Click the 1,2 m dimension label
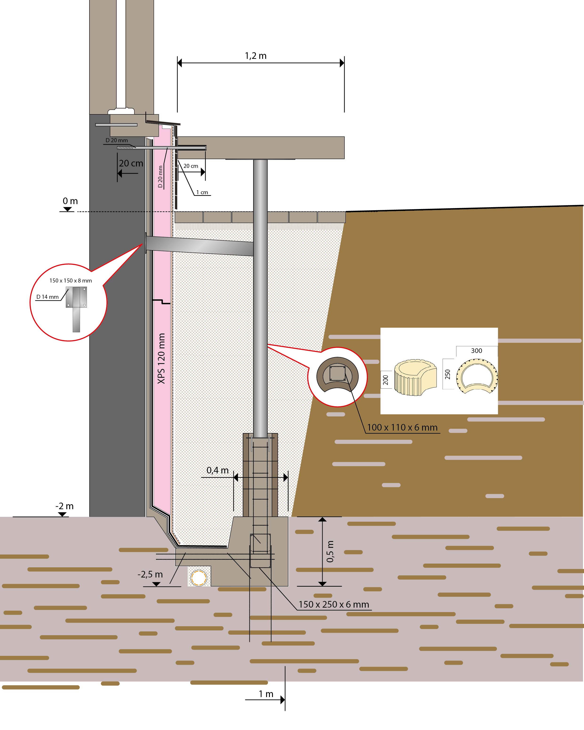pos(256,56)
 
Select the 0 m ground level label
pos(70,201)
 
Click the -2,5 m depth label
pos(150,575)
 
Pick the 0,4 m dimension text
pos(218,470)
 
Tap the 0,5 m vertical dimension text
pos(330,552)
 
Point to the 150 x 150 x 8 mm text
pos(71,281)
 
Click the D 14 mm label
pos(47,297)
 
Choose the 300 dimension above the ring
pos(476,351)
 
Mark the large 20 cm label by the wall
pos(131,164)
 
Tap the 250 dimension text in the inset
pos(448,374)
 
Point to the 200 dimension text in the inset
pos(385,380)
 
